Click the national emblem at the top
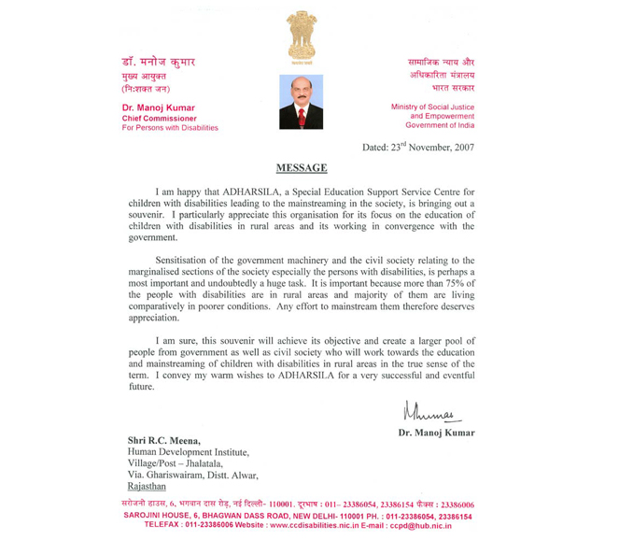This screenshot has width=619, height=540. coord(301,36)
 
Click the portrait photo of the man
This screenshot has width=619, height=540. coord(301,102)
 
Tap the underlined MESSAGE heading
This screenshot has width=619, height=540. coord(302,168)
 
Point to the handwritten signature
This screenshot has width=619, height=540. coord(432,410)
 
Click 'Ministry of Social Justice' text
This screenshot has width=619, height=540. coord(432,107)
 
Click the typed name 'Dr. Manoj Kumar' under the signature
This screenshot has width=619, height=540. coord(436,433)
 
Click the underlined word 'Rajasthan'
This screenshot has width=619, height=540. coord(147,486)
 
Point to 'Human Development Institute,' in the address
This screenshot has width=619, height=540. coord(187,451)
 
